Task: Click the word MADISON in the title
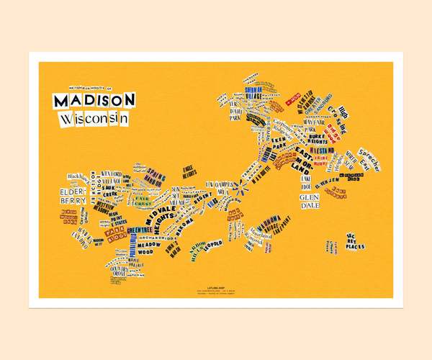tap(94, 99)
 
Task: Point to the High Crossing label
tap(341, 114)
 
